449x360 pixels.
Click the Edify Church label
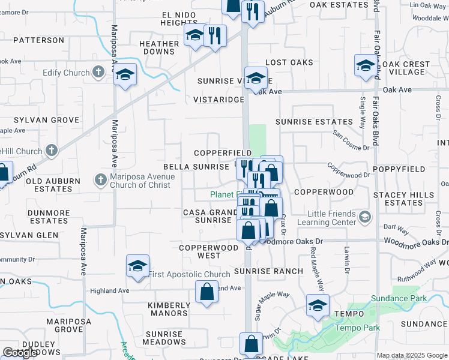point(66,73)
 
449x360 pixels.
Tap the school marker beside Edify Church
point(125,76)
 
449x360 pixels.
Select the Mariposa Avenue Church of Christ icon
point(101,179)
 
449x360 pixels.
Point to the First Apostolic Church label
point(189,275)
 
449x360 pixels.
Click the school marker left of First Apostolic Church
point(137,266)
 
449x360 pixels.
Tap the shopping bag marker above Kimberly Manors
point(206,293)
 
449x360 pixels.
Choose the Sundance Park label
point(390,298)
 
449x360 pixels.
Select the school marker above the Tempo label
point(318,306)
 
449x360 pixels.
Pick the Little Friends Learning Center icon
point(364,215)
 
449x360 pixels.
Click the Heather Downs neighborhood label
point(158,47)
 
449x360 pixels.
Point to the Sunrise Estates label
point(314,122)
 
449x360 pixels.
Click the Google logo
point(20,353)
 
